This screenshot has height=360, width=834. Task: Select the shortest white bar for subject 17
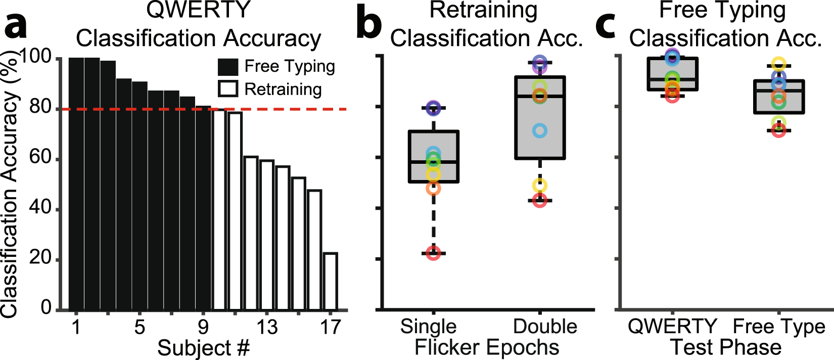(x=330, y=281)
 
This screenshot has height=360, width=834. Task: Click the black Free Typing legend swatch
(x=228, y=67)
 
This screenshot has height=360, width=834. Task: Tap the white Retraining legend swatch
(x=228, y=89)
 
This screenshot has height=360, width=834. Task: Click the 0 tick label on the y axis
(x=46, y=307)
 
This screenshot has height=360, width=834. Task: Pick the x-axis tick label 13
(x=266, y=328)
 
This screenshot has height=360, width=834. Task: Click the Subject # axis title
(x=203, y=348)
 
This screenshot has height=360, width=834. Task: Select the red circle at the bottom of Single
(x=433, y=253)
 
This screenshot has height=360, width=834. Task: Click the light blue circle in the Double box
(x=540, y=131)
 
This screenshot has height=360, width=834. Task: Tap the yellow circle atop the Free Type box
(x=779, y=64)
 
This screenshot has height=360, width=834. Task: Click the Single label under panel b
(x=428, y=327)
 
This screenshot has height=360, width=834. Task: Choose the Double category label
(x=545, y=327)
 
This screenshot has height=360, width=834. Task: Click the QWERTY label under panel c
(x=672, y=327)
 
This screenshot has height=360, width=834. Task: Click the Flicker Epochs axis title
(x=487, y=348)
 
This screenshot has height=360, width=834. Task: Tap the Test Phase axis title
(x=725, y=348)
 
